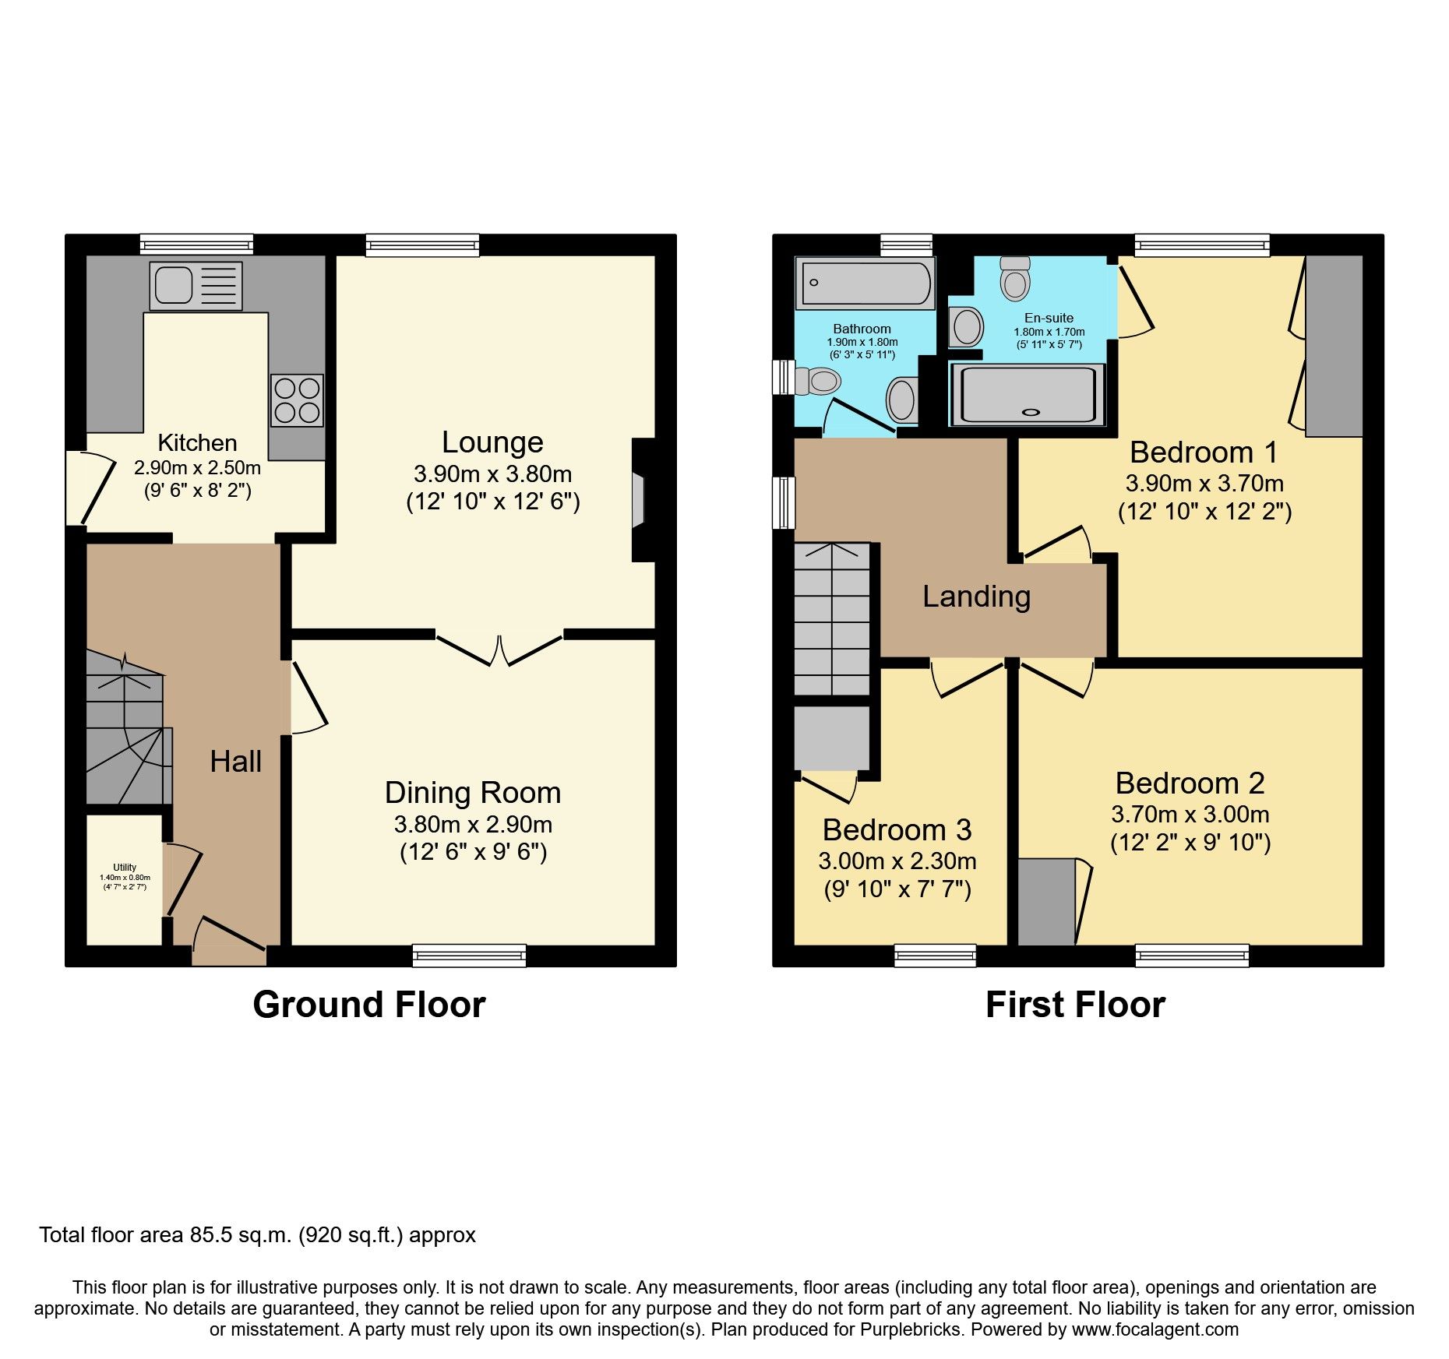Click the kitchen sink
coord(196,286)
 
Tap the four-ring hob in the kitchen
coord(297,400)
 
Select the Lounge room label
coord(492,442)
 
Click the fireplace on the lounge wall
coord(640,500)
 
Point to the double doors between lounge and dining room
coord(499,649)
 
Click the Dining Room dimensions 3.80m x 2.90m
coord(473,824)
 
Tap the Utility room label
coord(125,867)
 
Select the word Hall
coord(235,762)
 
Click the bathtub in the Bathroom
coord(865,283)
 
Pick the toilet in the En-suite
coord(1015,280)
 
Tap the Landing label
coord(976,597)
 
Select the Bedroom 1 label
coord(1204,452)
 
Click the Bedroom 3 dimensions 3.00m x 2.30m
coord(897,861)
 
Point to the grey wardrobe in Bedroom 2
coord(1046,902)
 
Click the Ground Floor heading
coord(368,1005)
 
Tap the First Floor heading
coord(1074,1005)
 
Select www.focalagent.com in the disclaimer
coord(1155,1329)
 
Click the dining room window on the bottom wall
coord(469,955)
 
